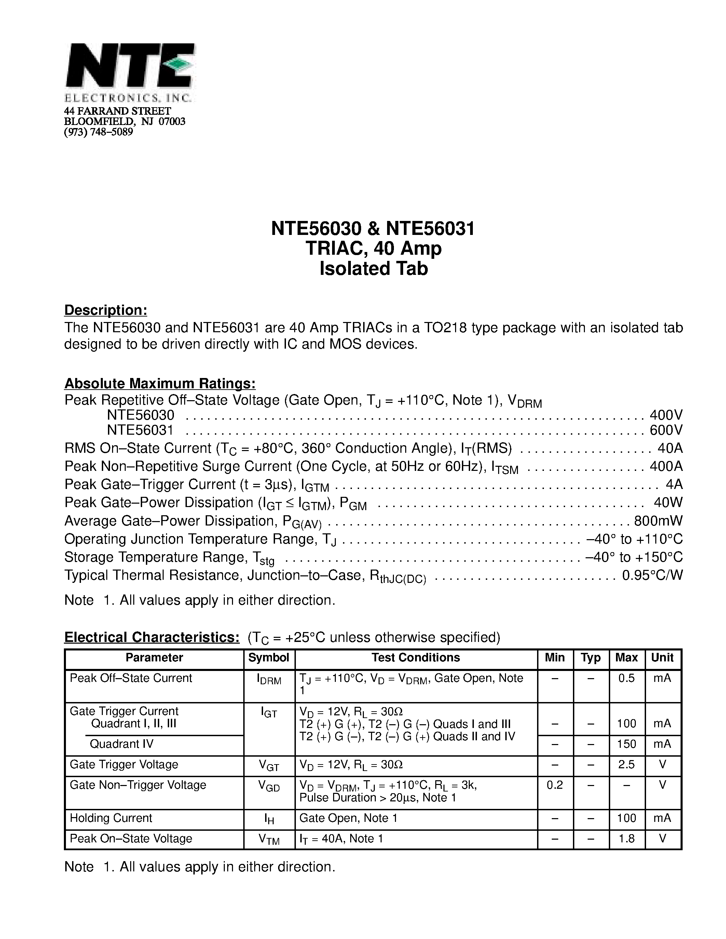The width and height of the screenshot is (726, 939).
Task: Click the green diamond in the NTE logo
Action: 178,65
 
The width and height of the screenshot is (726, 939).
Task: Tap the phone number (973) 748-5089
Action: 98,132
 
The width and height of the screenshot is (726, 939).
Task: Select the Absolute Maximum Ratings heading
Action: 160,383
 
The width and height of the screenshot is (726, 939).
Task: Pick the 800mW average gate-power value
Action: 658,521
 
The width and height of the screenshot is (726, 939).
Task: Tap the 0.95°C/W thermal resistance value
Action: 652,575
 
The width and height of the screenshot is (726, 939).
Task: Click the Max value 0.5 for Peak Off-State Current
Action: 626,678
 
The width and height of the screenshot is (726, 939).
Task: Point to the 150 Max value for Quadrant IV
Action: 626,744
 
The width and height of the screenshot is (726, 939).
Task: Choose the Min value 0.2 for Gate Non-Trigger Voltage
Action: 554,785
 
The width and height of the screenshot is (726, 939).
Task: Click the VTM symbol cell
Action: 269,839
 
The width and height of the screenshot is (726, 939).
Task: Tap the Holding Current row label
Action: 111,818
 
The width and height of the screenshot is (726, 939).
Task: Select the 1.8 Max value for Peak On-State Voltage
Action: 626,839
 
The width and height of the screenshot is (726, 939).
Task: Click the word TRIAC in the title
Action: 332,249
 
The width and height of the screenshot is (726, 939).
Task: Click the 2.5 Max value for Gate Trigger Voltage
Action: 626,765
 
